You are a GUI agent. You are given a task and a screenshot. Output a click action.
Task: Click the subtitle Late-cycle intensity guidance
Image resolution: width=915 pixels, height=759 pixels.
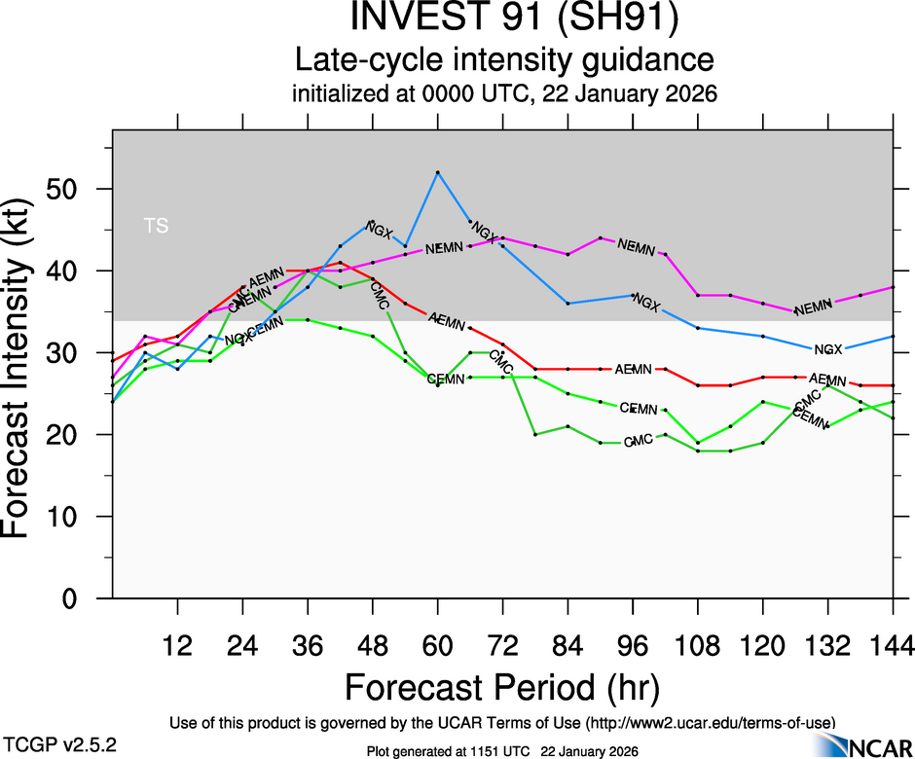coord(505,60)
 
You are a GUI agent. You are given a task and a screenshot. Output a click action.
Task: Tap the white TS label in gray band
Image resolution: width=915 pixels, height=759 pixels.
coord(156,227)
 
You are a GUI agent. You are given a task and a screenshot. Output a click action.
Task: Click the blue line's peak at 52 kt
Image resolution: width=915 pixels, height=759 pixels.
coord(438,172)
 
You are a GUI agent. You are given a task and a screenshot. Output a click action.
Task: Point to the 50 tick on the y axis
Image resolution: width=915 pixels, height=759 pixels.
coord(79,189)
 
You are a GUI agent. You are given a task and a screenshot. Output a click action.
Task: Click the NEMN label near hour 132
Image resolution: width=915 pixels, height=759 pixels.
coord(814,309)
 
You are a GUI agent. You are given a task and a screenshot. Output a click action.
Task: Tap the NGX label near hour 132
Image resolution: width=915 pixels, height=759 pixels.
coord(827,349)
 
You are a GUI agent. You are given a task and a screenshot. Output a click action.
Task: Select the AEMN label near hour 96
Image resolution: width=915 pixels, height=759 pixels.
coord(633,369)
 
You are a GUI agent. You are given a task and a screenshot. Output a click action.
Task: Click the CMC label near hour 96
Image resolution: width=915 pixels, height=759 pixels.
coord(638,442)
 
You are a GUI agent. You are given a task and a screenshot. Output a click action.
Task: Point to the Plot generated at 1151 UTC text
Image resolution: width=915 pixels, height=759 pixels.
coord(502,751)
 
